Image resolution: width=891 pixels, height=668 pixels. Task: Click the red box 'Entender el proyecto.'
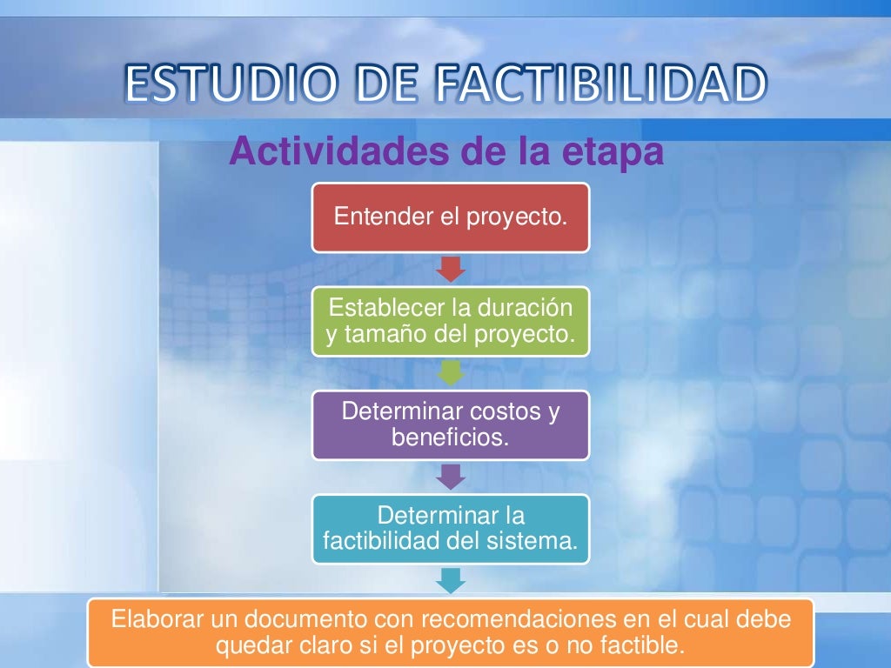[x=450, y=217]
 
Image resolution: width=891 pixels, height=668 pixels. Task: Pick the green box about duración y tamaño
[x=450, y=321]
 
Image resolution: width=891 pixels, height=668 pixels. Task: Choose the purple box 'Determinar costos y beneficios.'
[x=450, y=424]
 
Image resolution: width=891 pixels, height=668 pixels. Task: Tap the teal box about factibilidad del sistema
[x=450, y=528]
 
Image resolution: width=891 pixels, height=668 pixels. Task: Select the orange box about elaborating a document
[x=450, y=632]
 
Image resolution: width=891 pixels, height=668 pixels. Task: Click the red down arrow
[x=451, y=269]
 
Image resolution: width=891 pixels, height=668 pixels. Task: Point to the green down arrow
[x=451, y=372]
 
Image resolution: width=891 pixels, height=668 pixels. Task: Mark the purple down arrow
[x=451, y=476]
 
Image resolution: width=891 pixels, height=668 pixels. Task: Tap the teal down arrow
[x=451, y=580]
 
